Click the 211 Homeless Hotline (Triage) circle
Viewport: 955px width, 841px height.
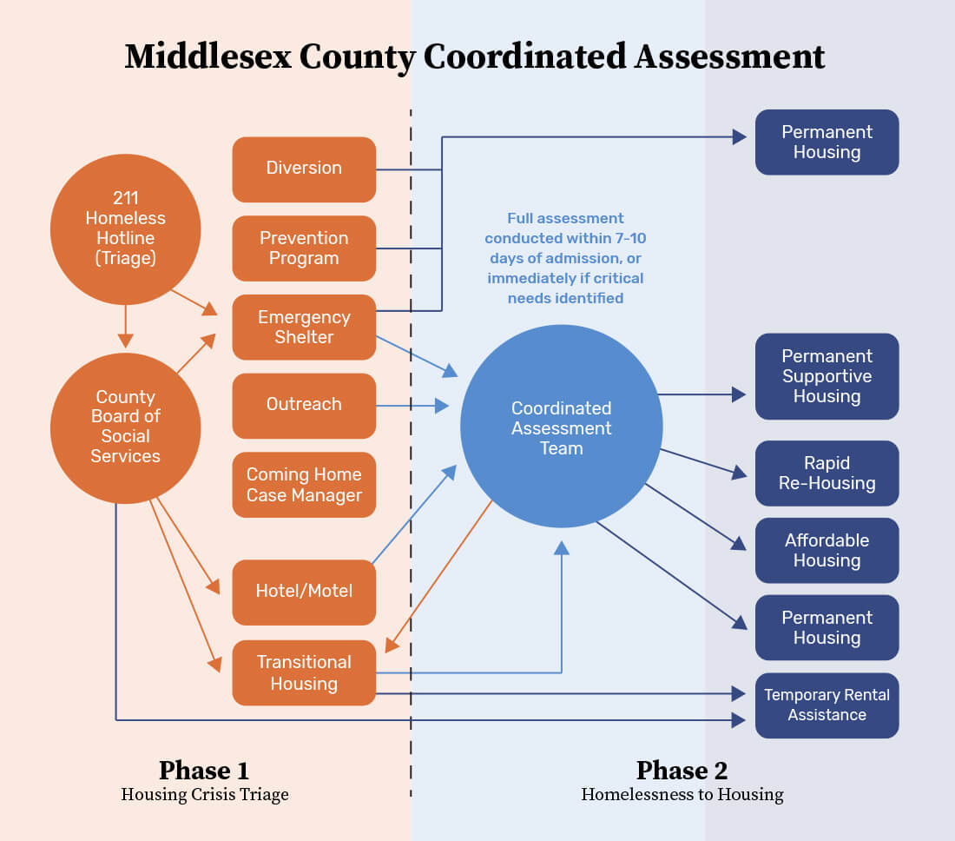point(126,228)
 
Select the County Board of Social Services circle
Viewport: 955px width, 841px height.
point(126,427)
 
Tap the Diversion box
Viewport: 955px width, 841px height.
point(304,169)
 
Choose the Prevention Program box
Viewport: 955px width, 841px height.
point(304,248)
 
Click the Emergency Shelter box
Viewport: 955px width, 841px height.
point(304,327)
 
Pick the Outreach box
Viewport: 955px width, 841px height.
point(304,405)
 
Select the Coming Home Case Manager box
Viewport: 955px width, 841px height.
point(304,485)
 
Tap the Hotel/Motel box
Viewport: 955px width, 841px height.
point(304,592)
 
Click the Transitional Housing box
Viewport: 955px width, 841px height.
point(304,672)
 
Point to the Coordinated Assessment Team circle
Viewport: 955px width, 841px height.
point(561,427)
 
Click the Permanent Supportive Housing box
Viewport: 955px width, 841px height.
point(827,376)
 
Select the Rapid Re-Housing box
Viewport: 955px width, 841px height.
point(827,473)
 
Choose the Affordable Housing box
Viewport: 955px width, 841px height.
point(827,550)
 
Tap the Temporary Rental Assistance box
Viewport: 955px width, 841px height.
point(827,705)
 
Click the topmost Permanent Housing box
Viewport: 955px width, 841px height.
point(827,142)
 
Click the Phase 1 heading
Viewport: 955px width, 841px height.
point(204,771)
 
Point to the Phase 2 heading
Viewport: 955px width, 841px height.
point(682,771)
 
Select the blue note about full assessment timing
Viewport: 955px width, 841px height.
point(565,258)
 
